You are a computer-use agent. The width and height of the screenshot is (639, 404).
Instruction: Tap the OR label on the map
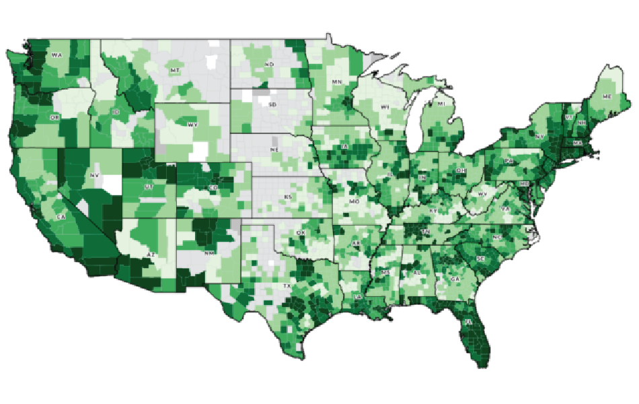pos(54,117)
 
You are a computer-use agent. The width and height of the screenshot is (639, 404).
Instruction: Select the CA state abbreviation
pos(61,217)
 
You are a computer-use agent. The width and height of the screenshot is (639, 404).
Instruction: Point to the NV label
pos(93,175)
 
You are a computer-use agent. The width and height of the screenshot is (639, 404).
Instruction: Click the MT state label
pos(175,70)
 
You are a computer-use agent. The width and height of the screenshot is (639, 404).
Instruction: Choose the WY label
pos(193,125)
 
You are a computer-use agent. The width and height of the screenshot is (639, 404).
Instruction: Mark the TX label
pos(287,286)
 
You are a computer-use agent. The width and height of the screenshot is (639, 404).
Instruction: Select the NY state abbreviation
pos(540,136)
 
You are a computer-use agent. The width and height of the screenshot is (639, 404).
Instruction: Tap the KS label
pos(287,197)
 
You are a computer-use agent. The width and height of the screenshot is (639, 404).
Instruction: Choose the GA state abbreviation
pos(455,279)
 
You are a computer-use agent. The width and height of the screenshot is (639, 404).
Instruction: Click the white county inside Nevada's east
pos(114,182)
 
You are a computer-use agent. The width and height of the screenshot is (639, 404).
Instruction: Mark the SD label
pos(272,105)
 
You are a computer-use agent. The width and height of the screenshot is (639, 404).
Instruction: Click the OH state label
pos(461,171)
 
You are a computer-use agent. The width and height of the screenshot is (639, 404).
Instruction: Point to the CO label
pos(213,187)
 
